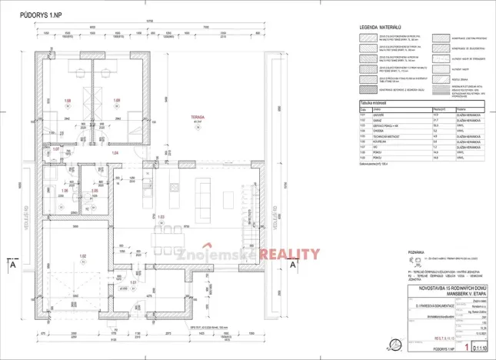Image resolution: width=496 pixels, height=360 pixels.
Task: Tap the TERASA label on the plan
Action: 199,116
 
